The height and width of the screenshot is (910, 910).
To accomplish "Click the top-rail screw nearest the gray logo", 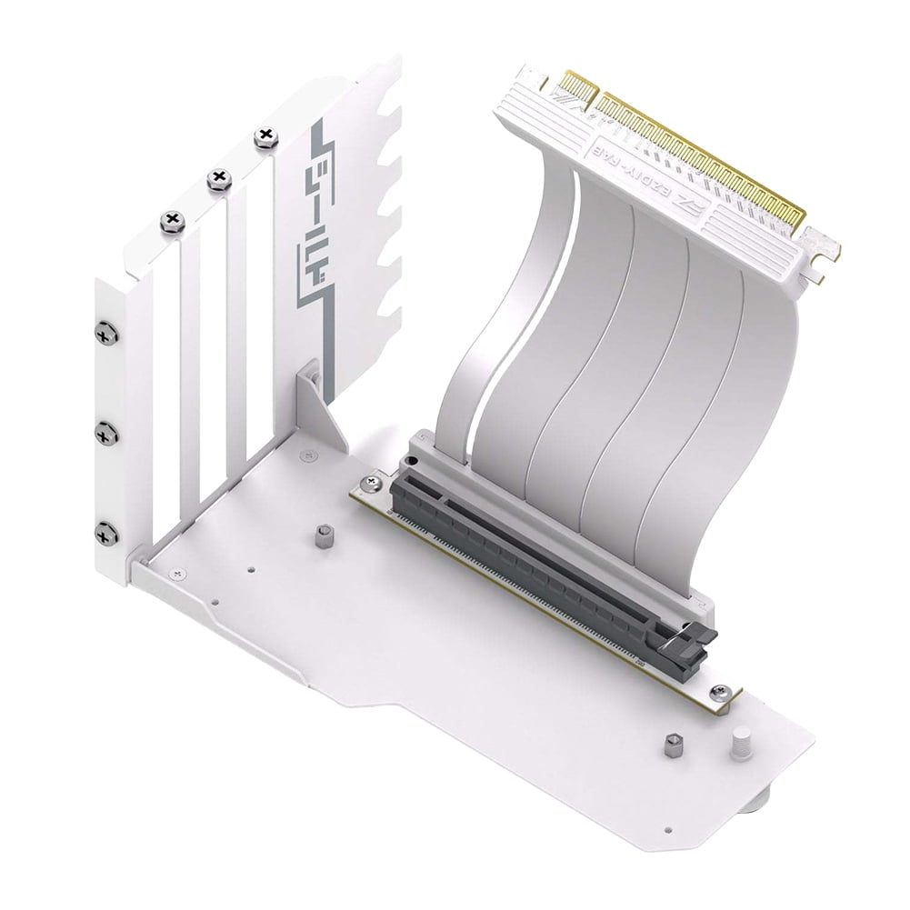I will [265, 138].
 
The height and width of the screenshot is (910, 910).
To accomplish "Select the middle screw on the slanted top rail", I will [219, 179].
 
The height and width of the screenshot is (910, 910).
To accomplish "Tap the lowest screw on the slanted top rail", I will [172, 221].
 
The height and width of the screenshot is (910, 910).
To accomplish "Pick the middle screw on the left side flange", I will [106, 434].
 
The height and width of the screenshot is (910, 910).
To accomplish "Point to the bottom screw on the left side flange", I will [106, 534].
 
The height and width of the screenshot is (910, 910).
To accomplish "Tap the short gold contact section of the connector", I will [578, 88].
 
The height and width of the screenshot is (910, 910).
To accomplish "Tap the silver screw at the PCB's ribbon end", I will [371, 483].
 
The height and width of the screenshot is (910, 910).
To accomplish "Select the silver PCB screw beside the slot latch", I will [719, 693].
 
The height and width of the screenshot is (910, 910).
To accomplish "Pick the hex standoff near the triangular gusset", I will [322, 536].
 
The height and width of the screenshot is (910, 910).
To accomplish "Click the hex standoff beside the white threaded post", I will [673, 745].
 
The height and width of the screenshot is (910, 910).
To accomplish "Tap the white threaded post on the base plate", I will [738, 743].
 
